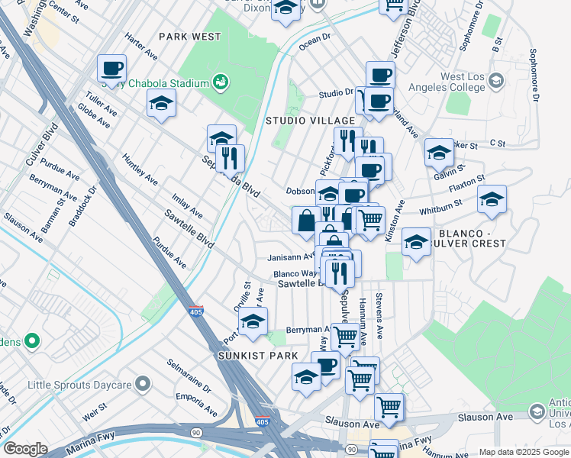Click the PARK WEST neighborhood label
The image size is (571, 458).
190,37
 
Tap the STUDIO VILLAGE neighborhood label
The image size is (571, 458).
310,121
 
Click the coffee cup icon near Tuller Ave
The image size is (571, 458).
111,69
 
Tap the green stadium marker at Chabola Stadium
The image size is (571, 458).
221,82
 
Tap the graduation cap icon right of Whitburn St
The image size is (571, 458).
492,200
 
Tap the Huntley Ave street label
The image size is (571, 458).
140,169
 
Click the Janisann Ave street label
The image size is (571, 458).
291,256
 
